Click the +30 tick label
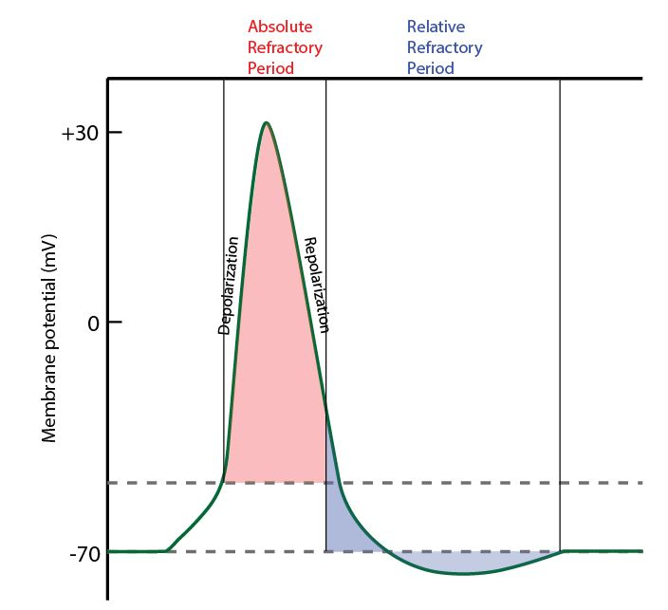(x=78, y=133)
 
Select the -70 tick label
(x=83, y=552)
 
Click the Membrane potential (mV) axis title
(x=50, y=336)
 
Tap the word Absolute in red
(x=280, y=27)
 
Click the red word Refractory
(x=285, y=47)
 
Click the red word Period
(x=270, y=68)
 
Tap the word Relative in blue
(x=436, y=27)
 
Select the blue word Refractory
(x=444, y=47)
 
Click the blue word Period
(x=430, y=68)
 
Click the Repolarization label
(x=315, y=285)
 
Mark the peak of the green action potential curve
(x=267, y=123)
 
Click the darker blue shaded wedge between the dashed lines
(x=337, y=517)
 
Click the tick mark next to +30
(x=115, y=133)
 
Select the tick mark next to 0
(x=115, y=323)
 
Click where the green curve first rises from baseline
(x=168, y=549)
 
